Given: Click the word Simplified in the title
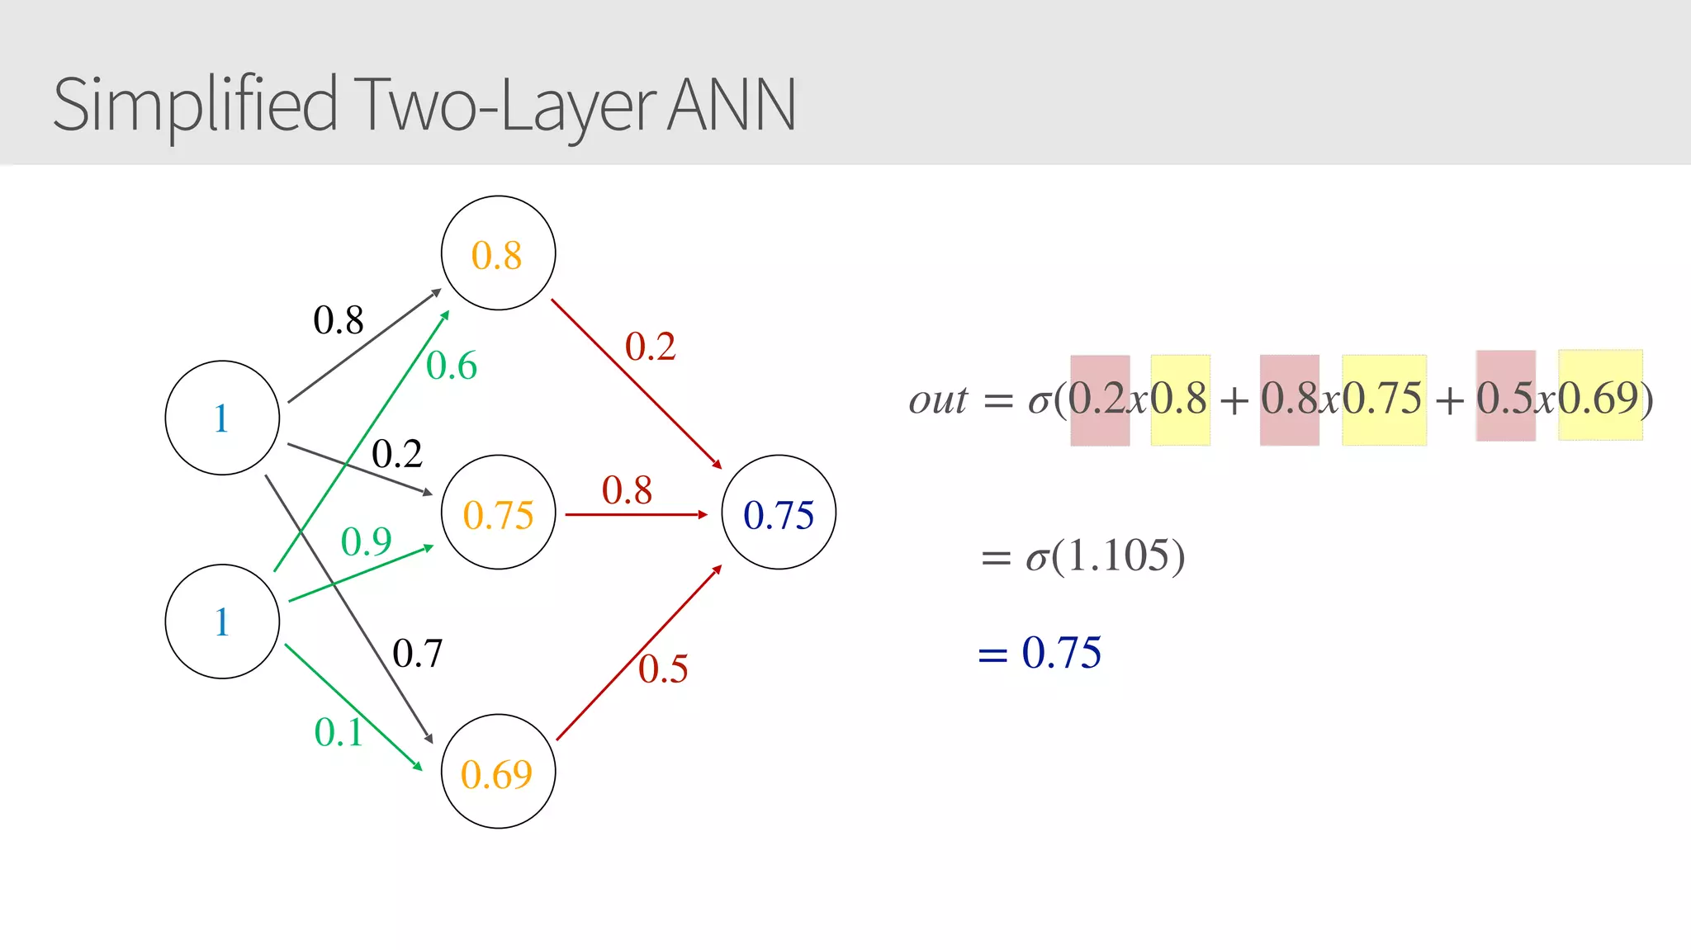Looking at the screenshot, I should [x=195, y=106].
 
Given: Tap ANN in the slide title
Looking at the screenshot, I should [x=731, y=106].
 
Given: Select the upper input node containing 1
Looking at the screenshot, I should [x=222, y=418].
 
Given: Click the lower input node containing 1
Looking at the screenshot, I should [x=222, y=622].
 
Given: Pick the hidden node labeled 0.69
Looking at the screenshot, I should [x=498, y=772].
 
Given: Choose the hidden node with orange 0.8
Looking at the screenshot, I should [x=498, y=253].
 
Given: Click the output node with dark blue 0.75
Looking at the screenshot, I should [x=779, y=513].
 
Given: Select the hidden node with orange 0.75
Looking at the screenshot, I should [x=498, y=513].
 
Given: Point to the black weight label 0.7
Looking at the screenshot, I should [x=417, y=654].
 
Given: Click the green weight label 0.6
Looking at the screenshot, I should [x=452, y=366].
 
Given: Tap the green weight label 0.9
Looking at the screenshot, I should [x=366, y=541].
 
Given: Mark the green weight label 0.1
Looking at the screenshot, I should [x=339, y=732].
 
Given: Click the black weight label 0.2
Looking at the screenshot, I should [x=396, y=453].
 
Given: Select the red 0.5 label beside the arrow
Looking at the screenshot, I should [x=663, y=669].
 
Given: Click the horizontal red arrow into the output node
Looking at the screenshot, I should [x=636, y=514].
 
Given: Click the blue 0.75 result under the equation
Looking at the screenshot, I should [x=1061, y=653].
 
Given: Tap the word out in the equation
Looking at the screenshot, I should [x=937, y=400].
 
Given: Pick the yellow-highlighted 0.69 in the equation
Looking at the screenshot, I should [x=1599, y=398].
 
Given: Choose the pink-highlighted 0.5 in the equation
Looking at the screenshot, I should [x=1504, y=398].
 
